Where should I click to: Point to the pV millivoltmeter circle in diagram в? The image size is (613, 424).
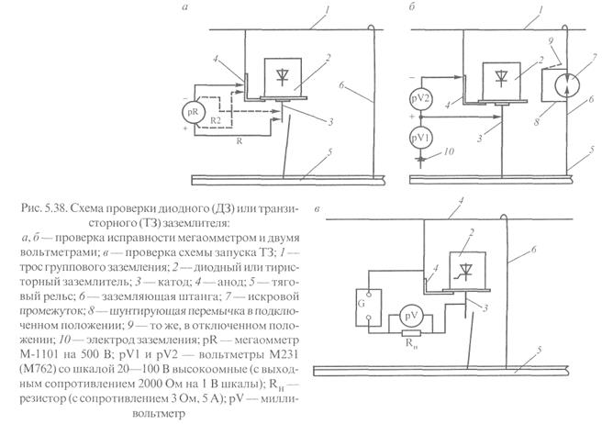[x=407, y=318]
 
